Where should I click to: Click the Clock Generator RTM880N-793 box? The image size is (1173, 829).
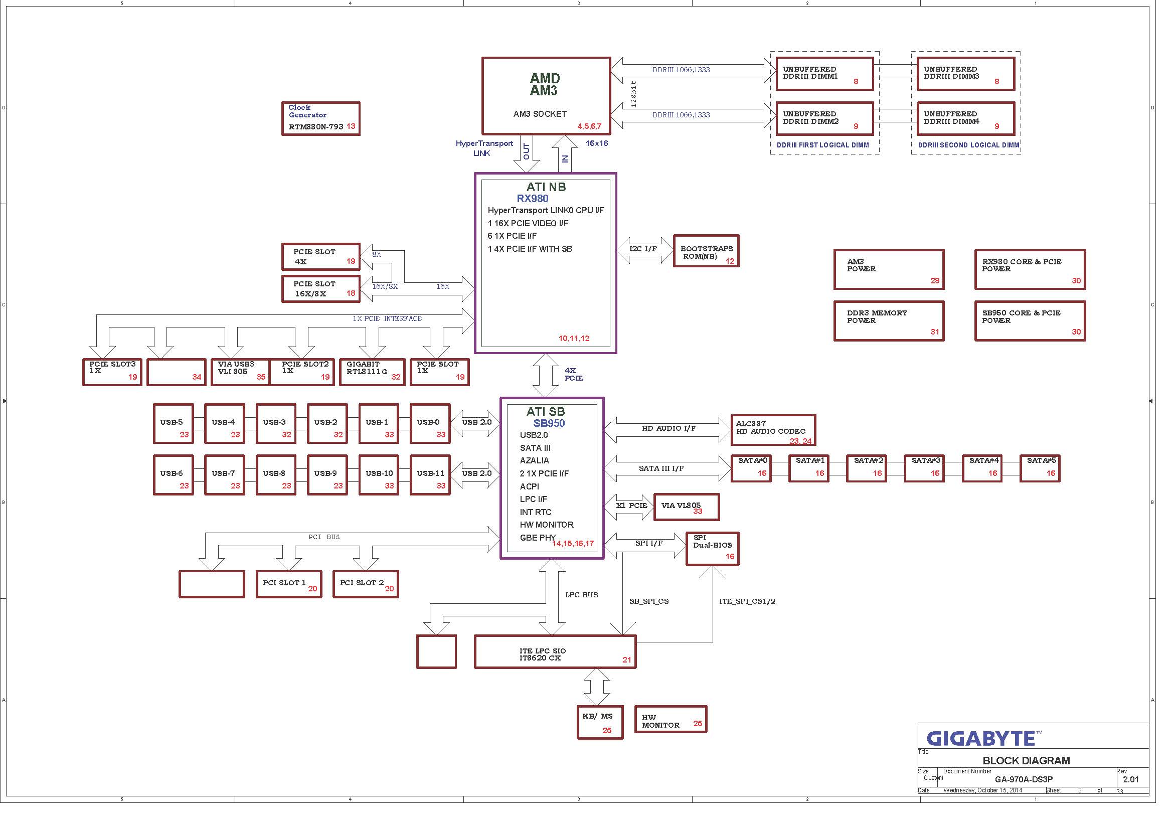(x=321, y=118)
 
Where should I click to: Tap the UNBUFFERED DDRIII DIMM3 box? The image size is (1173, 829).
(x=965, y=74)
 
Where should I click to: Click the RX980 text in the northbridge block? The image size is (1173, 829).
(x=533, y=199)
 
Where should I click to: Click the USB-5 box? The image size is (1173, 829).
(x=174, y=423)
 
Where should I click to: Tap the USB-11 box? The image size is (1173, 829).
(x=430, y=475)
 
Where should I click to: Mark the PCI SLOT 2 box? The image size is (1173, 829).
(x=366, y=584)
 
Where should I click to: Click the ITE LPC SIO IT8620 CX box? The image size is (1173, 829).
(x=555, y=652)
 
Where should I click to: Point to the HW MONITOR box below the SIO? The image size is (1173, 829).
(x=671, y=720)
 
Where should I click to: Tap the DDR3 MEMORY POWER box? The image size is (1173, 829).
(x=889, y=321)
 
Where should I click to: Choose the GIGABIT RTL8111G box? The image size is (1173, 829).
(x=372, y=372)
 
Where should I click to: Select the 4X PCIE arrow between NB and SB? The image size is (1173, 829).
(x=546, y=376)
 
